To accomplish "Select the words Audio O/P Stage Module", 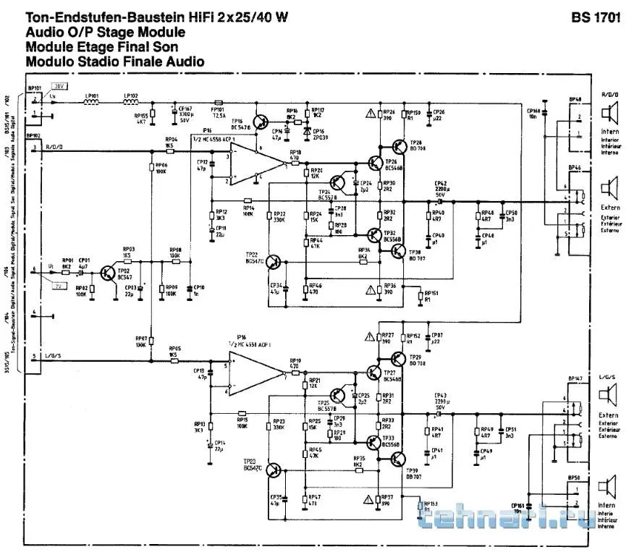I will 105,33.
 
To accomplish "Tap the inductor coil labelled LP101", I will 91,103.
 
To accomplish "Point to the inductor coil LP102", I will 130,103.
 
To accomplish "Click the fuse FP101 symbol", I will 219,103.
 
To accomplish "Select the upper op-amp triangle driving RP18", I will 258,163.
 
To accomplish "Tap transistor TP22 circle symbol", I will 274,261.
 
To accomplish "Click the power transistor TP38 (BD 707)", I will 399,250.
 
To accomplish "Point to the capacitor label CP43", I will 441,394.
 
